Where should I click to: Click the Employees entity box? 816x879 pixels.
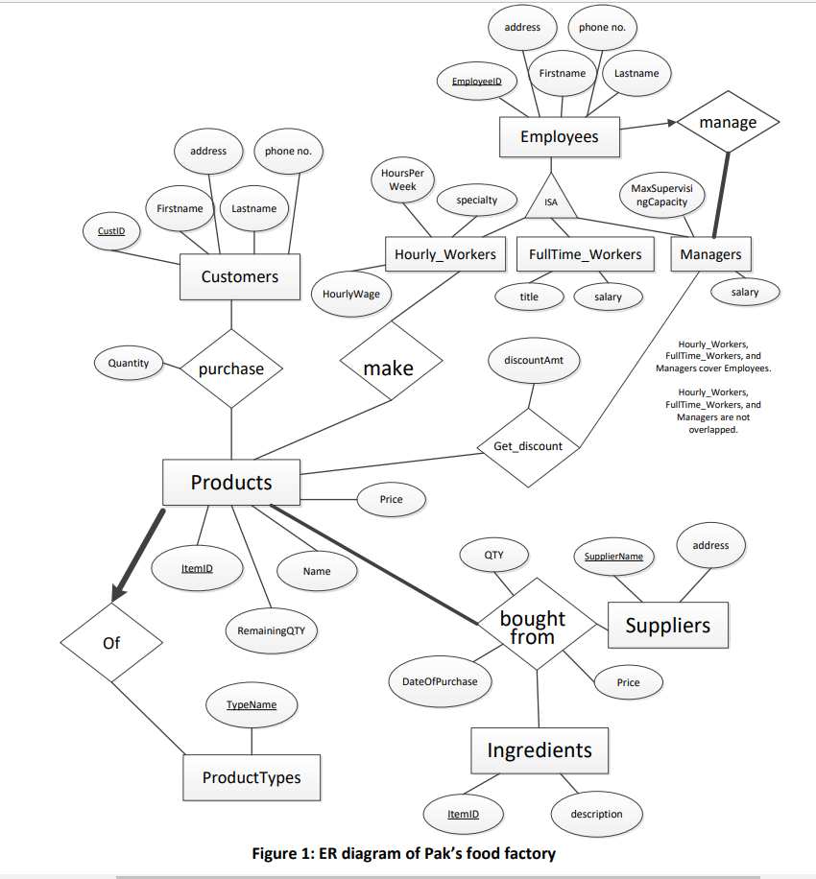pos(560,137)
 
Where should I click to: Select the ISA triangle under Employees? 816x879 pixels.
pos(551,200)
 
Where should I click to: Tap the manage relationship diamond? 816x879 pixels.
pos(728,123)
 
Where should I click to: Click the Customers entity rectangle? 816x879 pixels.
pos(240,276)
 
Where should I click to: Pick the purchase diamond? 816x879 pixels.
pos(230,368)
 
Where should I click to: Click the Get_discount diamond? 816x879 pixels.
pos(527,445)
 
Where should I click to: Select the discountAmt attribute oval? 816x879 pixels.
pos(534,360)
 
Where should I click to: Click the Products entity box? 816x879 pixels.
pos(230,482)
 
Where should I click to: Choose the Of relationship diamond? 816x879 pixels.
pos(111,642)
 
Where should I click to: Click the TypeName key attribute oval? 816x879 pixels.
pos(252,704)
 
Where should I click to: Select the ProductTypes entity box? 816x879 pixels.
pos(252,777)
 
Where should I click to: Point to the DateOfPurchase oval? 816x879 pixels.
pos(440,681)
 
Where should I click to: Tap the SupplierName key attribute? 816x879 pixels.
pos(613,556)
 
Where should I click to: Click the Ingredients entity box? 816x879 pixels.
pos(539,750)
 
